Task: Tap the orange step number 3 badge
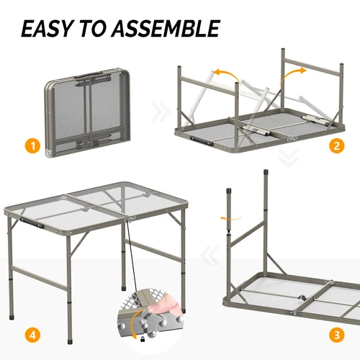pyautogui.click(x=336, y=334)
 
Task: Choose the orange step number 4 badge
pyautogui.click(x=30, y=334)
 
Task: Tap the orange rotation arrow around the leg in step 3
pyautogui.click(x=230, y=217)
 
